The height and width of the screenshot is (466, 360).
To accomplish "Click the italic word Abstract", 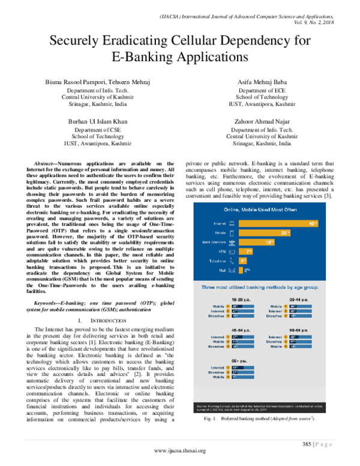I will coord(44,163).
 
